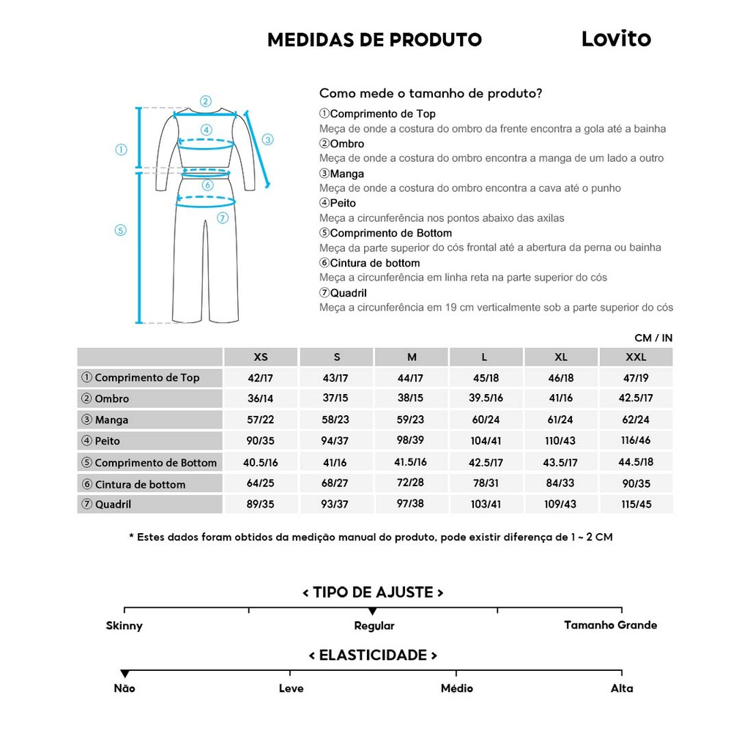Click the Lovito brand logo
coord(615,39)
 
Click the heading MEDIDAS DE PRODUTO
coord(374,40)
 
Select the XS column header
coord(261,357)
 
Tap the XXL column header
coord(636,357)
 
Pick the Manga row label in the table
coord(111,420)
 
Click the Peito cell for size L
coord(486,441)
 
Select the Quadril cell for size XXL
coord(636,504)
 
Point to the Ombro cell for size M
coord(411,398)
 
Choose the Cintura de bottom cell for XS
coord(261,483)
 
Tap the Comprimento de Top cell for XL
coord(561,378)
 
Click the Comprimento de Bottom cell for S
coord(336,462)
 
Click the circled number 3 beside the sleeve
coord(267,139)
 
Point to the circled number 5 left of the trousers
coord(121,230)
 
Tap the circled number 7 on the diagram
coord(223,218)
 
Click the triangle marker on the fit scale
coord(373,611)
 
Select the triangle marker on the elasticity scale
coord(125,674)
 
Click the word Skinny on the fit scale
coord(124,625)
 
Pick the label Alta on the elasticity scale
coord(622,688)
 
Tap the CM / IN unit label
coord(653,338)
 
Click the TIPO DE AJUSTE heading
coord(373,592)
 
